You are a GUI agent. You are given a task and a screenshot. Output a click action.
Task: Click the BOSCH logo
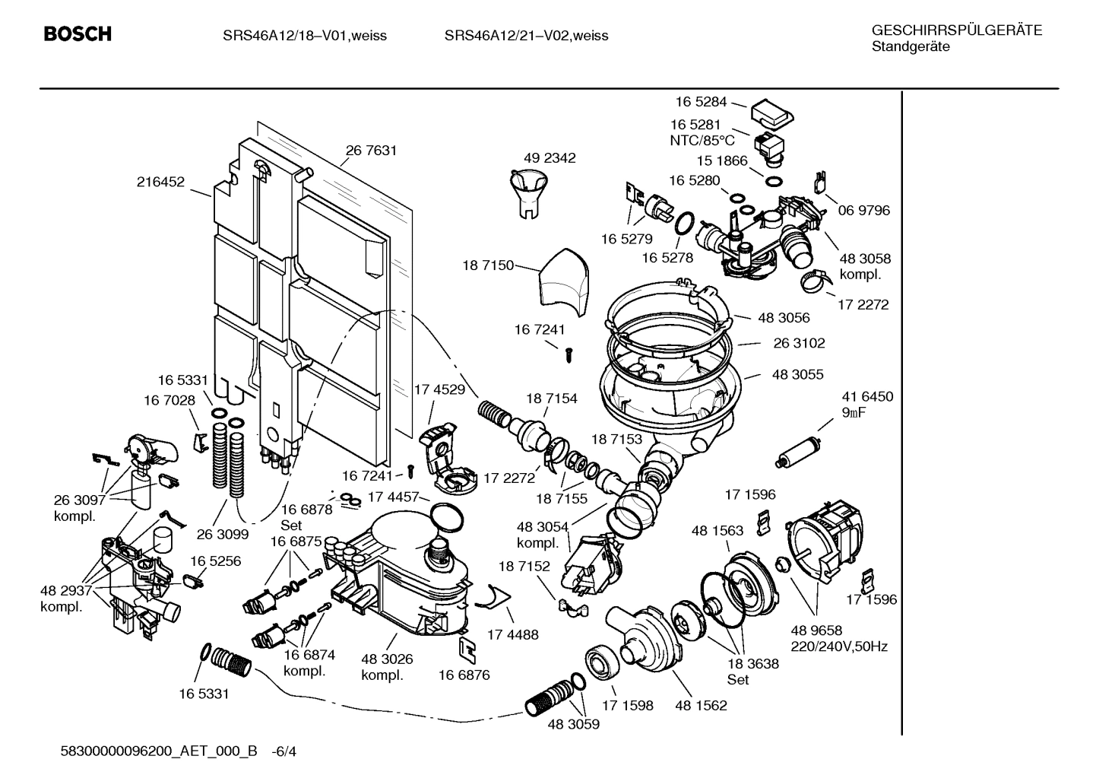click(x=78, y=34)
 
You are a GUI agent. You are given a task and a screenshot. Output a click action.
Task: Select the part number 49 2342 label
click(x=550, y=158)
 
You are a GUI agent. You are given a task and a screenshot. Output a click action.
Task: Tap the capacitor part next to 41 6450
click(x=797, y=450)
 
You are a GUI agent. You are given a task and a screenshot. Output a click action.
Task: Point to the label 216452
click(x=160, y=182)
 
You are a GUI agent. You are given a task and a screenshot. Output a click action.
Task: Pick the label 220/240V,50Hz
click(x=839, y=647)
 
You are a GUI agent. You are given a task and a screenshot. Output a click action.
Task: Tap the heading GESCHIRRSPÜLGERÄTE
click(x=956, y=30)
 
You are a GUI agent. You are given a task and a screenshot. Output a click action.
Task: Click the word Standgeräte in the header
click(x=910, y=47)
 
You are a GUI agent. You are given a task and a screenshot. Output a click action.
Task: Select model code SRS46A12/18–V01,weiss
click(x=304, y=36)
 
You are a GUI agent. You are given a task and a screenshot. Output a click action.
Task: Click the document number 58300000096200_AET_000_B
click(x=159, y=751)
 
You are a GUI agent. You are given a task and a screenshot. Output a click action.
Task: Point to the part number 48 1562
click(x=701, y=705)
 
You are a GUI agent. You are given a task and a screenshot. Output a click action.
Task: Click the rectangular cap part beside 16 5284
click(x=772, y=114)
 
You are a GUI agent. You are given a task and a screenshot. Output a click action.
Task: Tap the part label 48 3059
click(x=573, y=725)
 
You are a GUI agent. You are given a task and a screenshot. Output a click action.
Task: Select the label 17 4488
click(x=512, y=634)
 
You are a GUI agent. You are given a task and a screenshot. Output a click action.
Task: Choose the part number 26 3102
click(x=799, y=344)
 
